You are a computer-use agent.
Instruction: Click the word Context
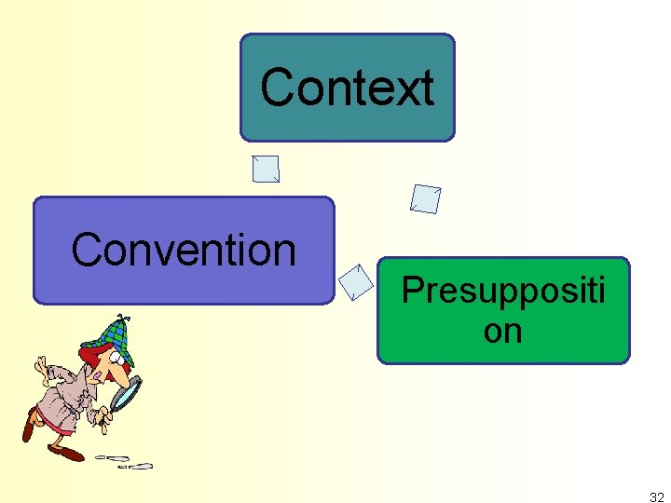[x=347, y=88]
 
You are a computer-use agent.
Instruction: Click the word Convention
[x=184, y=250]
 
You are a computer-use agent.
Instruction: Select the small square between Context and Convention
[x=266, y=169]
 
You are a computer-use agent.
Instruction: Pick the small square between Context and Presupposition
[x=426, y=198]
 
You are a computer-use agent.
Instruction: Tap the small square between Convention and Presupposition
[x=355, y=282]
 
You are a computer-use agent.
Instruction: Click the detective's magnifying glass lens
[x=125, y=394]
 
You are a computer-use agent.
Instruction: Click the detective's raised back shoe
[x=30, y=428]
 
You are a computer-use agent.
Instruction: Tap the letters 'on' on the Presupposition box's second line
[x=503, y=332]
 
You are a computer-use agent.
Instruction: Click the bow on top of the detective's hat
[x=119, y=319]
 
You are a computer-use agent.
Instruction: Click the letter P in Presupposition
[x=411, y=291]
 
